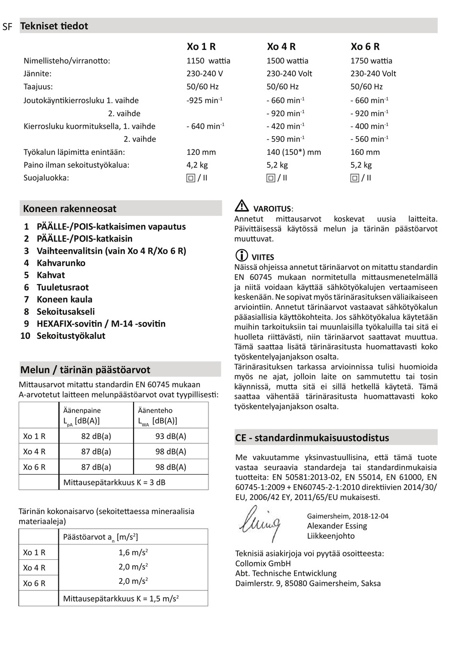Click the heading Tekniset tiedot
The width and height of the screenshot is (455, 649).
[54, 26]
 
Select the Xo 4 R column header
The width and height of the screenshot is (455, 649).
[281, 46]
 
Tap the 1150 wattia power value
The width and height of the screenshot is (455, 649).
[208, 61]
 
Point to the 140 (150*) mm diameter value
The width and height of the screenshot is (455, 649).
[294, 152]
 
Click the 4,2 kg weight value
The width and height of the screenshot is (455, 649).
[197, 165]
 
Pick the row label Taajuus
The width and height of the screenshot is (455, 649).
[38, 87]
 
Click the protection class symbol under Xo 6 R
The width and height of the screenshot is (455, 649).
[355, 178]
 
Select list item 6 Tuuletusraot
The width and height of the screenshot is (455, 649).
[57, 287]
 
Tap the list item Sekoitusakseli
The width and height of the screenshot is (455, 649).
[66, 312]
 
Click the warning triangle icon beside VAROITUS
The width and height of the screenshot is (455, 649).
[242, 206]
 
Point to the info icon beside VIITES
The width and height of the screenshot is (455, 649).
[242, 255]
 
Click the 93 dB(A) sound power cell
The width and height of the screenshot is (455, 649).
[171, 436]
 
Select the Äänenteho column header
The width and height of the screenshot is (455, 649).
[155, 410]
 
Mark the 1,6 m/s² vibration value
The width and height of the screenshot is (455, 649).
[133, 553]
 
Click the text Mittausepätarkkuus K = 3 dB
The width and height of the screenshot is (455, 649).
[114, 482]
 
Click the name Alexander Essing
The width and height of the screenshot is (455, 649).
[337, 526]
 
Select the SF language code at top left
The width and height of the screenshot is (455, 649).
[7, 27]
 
